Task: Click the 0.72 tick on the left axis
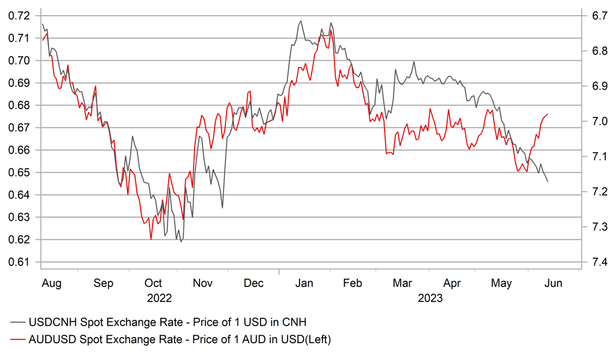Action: tap(20, 16)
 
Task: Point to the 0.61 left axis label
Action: tap(20, 262)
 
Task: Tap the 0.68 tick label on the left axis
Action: tap(20, 106)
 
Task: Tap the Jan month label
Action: tap(303, 283)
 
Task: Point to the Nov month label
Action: tap(203, 283)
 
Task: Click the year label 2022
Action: tap(159, 298)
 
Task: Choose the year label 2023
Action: tap(430, 298)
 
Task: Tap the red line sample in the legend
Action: tap(17, 340)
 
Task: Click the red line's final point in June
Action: tap(547, 114)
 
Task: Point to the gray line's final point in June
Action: tap(547, 182)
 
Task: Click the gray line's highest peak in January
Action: tap(300, 21)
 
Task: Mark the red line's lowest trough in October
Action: tap(151, 239)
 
